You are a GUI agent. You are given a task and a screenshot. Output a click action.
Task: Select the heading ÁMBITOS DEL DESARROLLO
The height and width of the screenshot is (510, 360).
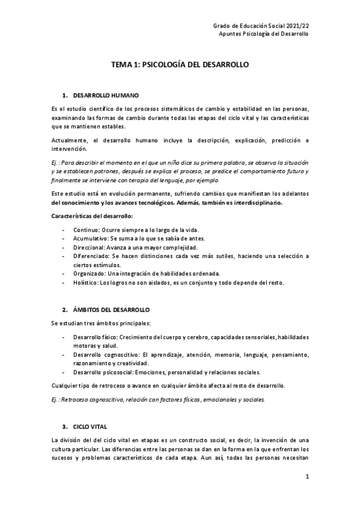point(111,309)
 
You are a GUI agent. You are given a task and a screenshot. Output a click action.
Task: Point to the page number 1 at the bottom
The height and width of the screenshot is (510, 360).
point(307,478)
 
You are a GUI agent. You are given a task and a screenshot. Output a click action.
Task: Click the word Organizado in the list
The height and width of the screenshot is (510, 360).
point(89,274)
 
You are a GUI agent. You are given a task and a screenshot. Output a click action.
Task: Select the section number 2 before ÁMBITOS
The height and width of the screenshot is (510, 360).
point(64,309)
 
